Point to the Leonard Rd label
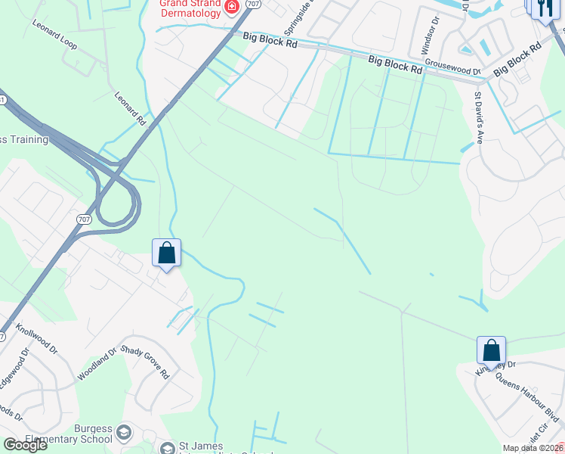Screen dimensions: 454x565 click(129, 109)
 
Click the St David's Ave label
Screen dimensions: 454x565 click(478, 118)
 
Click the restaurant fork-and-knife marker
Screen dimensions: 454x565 click(544, 8)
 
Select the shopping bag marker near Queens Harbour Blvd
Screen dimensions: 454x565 click(491, 351)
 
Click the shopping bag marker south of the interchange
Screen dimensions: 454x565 click(166, 253)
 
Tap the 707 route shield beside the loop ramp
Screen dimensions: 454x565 click(83, 219)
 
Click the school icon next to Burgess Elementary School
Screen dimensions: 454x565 click(124, 434)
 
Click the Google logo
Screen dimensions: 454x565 click(25, 445)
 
